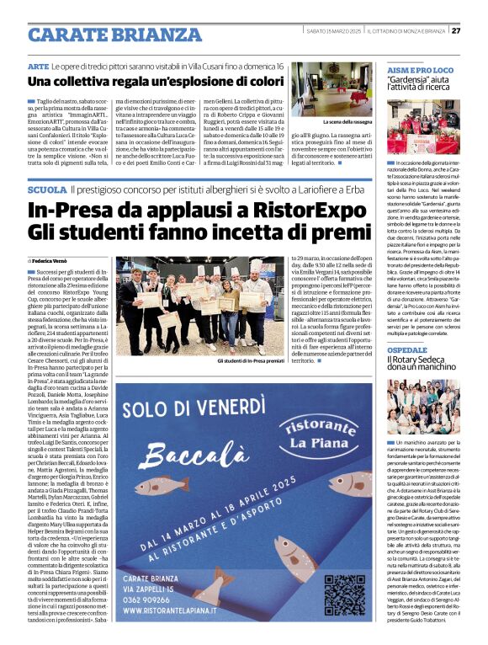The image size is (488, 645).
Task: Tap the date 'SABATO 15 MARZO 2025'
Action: point(334,31)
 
